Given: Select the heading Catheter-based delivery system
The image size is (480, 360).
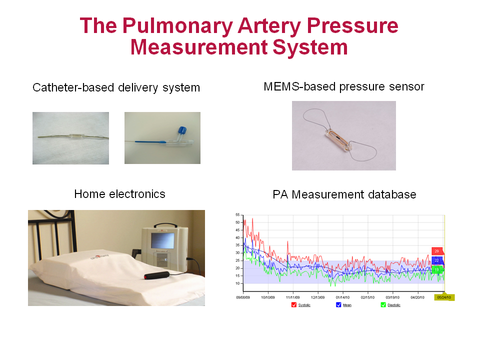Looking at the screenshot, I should pos(116,88).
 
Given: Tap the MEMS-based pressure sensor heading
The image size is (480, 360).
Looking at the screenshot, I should pos(344,86).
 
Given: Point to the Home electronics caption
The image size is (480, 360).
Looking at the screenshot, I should pos(119,194).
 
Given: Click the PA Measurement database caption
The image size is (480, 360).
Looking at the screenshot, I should pos(344,194).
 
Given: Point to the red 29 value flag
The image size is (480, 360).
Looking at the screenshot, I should pos(437,251).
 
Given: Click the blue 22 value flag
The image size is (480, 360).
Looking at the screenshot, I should pos(437,260).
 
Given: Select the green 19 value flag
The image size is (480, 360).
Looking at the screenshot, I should pos(437,269).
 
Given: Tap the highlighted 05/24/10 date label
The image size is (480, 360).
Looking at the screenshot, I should pos(443,297).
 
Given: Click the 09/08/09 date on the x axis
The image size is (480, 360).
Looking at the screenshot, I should pos(243,297).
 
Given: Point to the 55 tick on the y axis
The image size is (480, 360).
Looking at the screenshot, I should pos(237,214).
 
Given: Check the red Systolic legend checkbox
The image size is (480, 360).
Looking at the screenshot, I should pos(294,304).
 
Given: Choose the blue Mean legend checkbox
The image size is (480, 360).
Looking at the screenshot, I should pos(338,304).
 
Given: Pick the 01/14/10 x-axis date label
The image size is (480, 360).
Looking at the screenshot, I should pos(343,297).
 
